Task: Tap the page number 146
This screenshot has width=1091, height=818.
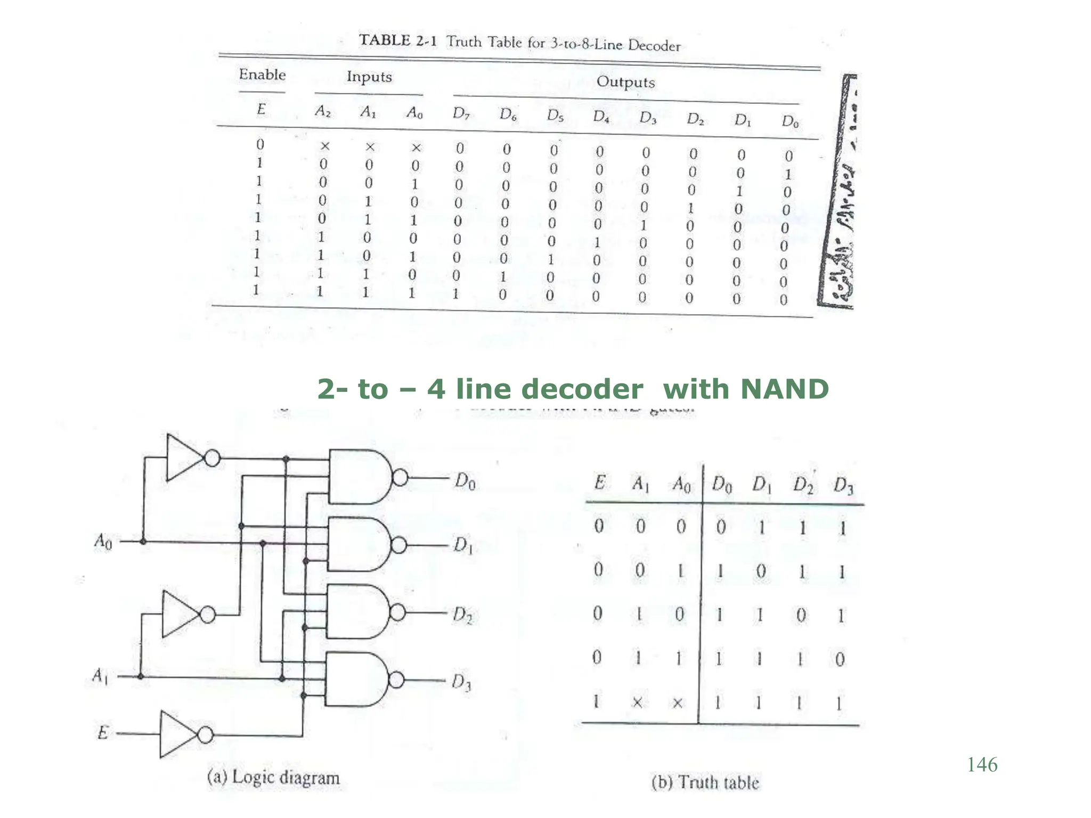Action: (x=982, y=765)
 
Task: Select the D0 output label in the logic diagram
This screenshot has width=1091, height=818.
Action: (x=465, y=481)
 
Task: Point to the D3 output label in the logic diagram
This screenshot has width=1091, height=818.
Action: (x=461, y=682)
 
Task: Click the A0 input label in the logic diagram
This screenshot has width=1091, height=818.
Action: (x=103, y=542)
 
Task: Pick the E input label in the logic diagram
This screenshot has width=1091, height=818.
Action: (x=103, y=733)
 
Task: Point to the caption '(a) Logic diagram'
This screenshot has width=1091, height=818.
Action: (x=273, y=778)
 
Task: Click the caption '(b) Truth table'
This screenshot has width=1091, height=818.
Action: (x=705, y=782)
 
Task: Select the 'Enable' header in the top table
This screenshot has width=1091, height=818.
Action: (x=262, y=75)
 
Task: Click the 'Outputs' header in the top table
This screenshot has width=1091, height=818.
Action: (x=625, y=82)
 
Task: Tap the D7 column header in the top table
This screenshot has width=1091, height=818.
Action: (x=461, y=113)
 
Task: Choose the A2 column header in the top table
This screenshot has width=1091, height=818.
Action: (x=323, y=111)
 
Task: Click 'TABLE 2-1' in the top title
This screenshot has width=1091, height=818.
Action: (x=397, y=40)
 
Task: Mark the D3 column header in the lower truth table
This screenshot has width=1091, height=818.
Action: (x=843, y=485)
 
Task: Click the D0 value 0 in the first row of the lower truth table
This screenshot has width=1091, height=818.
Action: (x=721, y=527)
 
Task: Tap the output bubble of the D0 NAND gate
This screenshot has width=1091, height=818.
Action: (x=400, y=478)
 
